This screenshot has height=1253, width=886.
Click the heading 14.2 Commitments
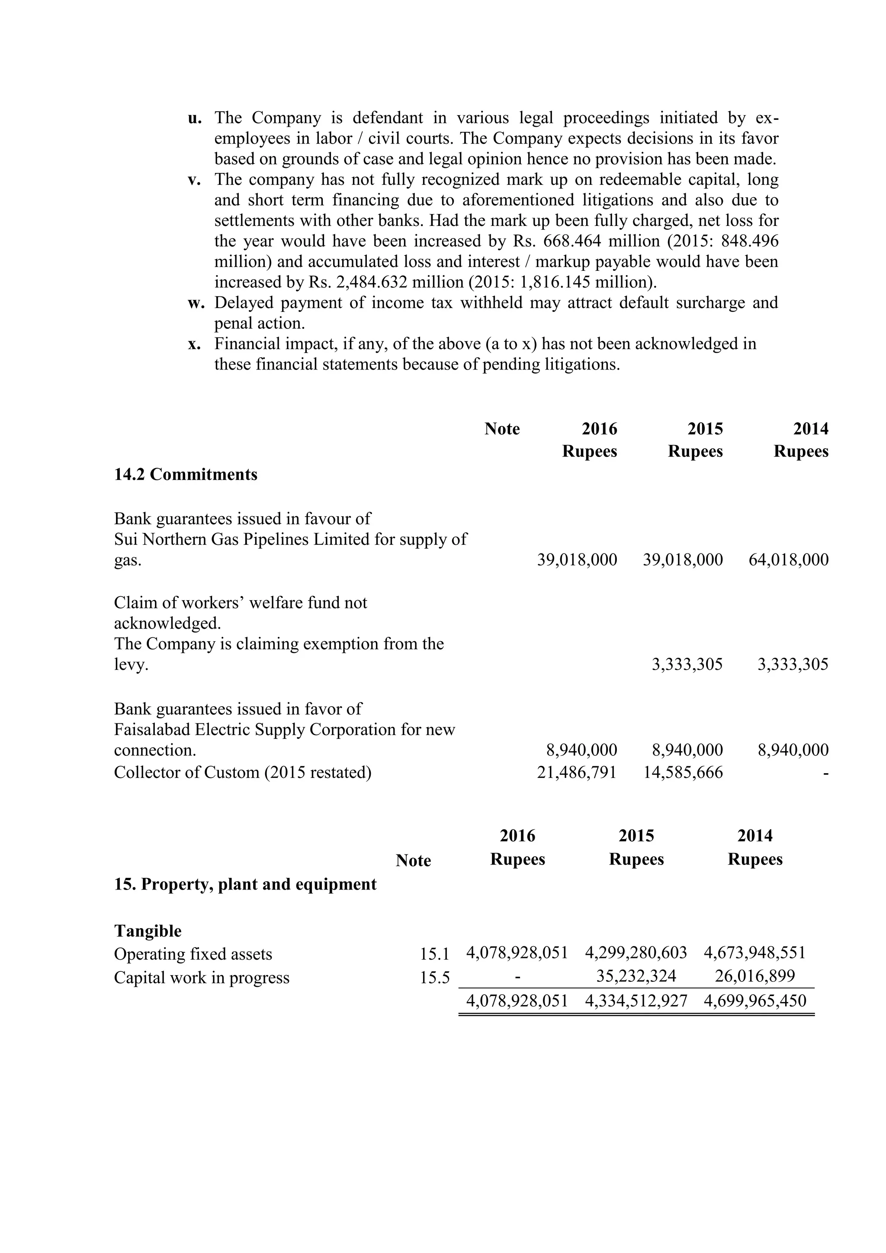[186, 474]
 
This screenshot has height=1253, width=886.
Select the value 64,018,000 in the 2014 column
[788, 559]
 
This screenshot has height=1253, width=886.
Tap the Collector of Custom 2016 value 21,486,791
[577, 772]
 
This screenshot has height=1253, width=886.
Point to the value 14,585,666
[683, 772]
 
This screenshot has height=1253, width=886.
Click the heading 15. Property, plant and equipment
[245, 884]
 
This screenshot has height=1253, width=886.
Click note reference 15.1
[434, 954]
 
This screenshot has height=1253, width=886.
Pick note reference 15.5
[434, 977]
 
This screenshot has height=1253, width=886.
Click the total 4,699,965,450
[754, 1000]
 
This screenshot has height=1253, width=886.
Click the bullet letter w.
[195, 303]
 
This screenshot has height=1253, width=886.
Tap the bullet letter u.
[195, 118]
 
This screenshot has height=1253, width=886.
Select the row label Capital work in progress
[201, 977]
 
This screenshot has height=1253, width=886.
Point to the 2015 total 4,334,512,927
[636, 1000]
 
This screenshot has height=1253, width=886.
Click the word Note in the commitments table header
[502, 429]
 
